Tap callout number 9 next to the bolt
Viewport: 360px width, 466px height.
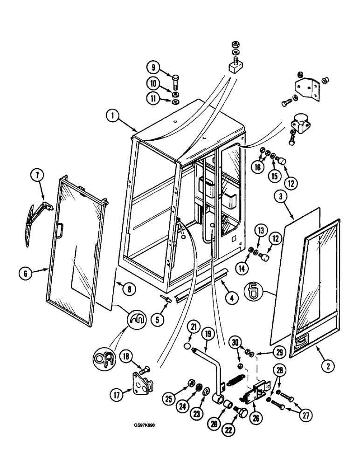pos(152,67)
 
